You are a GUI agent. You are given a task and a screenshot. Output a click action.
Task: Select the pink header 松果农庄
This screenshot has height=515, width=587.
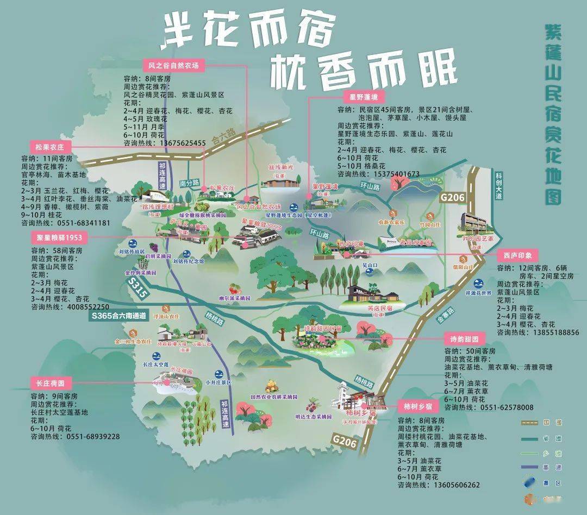click(50, 146)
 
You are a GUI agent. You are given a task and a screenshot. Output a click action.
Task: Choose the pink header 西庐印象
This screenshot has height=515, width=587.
click(517, 255)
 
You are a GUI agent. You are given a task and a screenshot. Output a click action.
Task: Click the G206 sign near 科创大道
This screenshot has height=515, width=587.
click(453, 197)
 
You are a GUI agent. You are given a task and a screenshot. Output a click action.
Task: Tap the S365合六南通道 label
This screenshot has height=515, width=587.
click(118, 316)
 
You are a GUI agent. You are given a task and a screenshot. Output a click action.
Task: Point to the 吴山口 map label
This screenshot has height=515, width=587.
click(370, 265)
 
